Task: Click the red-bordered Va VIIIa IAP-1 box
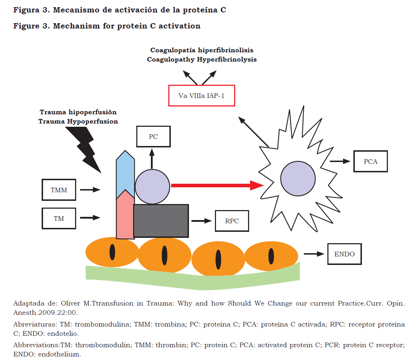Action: pos(201,95)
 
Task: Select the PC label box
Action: pos(153,137)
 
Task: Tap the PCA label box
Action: pos(370,161)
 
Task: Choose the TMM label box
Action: pos(59,190)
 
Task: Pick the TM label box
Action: pos(59,218)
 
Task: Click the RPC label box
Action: pos(232,221)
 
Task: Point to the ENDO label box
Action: pos(344,254)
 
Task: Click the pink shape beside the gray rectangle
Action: pos(125,217)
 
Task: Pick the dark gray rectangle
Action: pos(161,221)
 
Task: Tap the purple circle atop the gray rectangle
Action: pos(152,186)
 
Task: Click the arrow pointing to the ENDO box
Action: pos(314,254)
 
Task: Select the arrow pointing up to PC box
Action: pos(152,158)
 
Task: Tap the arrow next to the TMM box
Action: pos(90,190)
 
